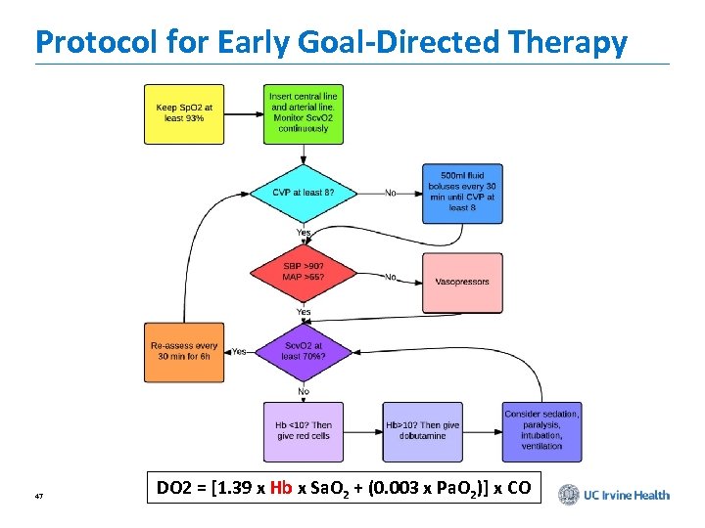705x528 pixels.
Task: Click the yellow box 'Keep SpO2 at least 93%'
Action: [x=184, y=113]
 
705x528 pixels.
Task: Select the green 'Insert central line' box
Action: [x=303, y=113]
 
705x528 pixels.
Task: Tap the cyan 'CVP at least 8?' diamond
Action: [x=303, y=193]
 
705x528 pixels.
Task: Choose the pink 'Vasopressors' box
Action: [x=462, y=282]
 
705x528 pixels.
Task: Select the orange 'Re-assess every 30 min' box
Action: [x=184, y=352]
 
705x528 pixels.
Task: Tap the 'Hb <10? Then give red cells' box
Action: [x=303, y=431]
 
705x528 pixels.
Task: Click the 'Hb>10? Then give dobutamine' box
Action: [x=422, y=431]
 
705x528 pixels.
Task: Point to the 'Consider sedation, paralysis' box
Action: [x=541, y=430]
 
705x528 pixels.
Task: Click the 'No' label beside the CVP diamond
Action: [x=391, y=193]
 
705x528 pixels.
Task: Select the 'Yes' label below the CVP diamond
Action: [x=304, y=233]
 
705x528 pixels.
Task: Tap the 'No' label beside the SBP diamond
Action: [x=391, y=277]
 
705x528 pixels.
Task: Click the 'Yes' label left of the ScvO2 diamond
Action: [x=239, y=351]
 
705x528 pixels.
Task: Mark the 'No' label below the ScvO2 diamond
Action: [x=304, y=391]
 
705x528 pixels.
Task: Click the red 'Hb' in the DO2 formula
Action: [x=280, y=487]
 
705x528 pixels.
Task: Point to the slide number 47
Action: [x=38, y=497]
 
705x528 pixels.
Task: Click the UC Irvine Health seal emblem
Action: [x=568, y=495]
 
